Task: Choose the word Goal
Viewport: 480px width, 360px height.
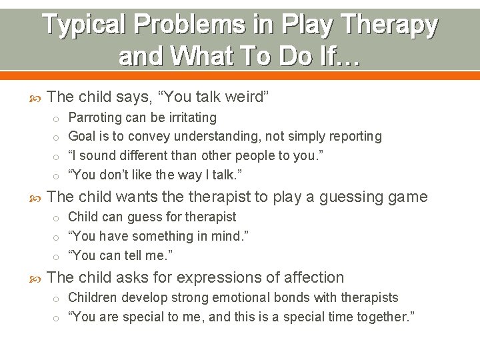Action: click(82, 137)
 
